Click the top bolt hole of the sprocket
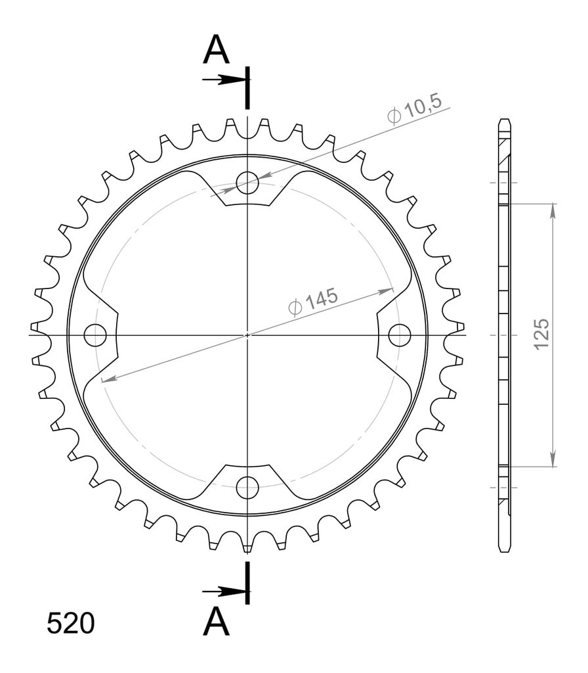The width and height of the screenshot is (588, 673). [x=247, y=183]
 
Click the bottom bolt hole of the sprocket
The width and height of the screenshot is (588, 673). [x=247, y=487]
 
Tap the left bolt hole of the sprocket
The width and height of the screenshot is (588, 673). [x=95, y=335]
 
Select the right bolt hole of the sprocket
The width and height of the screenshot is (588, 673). [x=400, y=335]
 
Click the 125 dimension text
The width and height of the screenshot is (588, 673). [x=541, y=335]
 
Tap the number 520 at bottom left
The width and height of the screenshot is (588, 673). [x=71, y=623]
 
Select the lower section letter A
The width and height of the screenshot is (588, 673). [x=217, y=622]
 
